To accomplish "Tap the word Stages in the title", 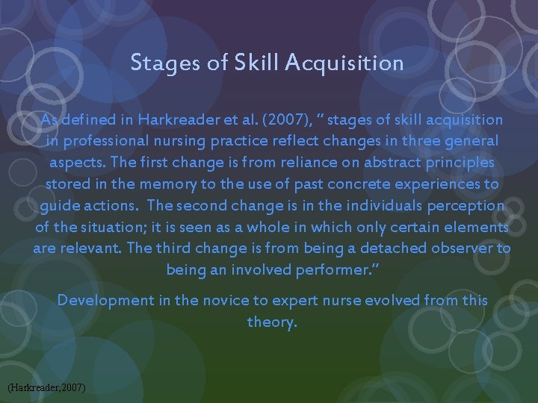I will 158,63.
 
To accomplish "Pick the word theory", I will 272,322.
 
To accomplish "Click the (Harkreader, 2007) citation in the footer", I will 46,388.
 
